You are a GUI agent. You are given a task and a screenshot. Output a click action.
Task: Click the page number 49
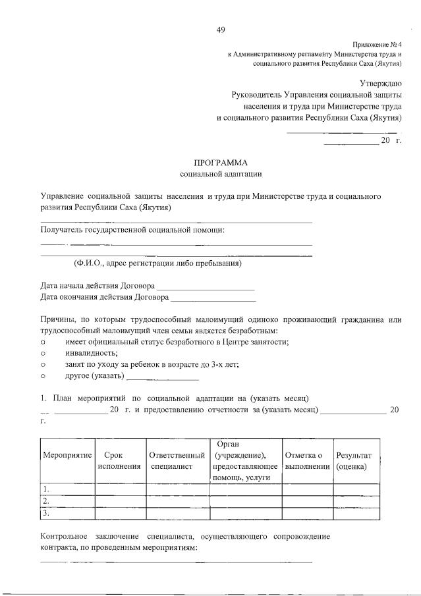[x=221, y=30]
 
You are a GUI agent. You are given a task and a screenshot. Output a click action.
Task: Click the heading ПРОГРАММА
[x=221, y=163]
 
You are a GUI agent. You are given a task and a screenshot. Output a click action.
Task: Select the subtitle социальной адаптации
[x=221, y=175]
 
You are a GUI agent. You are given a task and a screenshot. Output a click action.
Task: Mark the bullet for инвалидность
[x=43, y=352]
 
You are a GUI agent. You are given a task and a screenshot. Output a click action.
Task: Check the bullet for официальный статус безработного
[x=43, y=341]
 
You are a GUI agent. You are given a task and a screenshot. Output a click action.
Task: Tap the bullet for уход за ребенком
[x=43, y=364]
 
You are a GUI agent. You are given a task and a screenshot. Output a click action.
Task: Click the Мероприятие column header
[x=67, y=456]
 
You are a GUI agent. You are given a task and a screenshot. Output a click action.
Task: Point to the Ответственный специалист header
[x=177, y=460]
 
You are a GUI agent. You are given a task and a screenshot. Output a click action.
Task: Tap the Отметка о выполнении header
[x=307, y=460]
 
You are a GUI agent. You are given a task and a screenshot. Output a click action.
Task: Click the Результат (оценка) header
[x=354, y=460]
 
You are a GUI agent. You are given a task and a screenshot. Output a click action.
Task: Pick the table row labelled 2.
[x=67, y=501]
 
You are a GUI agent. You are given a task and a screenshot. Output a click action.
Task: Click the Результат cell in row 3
[x=358, y=513]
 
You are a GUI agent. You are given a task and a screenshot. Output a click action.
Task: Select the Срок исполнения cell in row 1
[x=120, y=489]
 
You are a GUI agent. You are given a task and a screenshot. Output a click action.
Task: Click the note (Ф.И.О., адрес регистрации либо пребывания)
[x=157, y=264]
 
